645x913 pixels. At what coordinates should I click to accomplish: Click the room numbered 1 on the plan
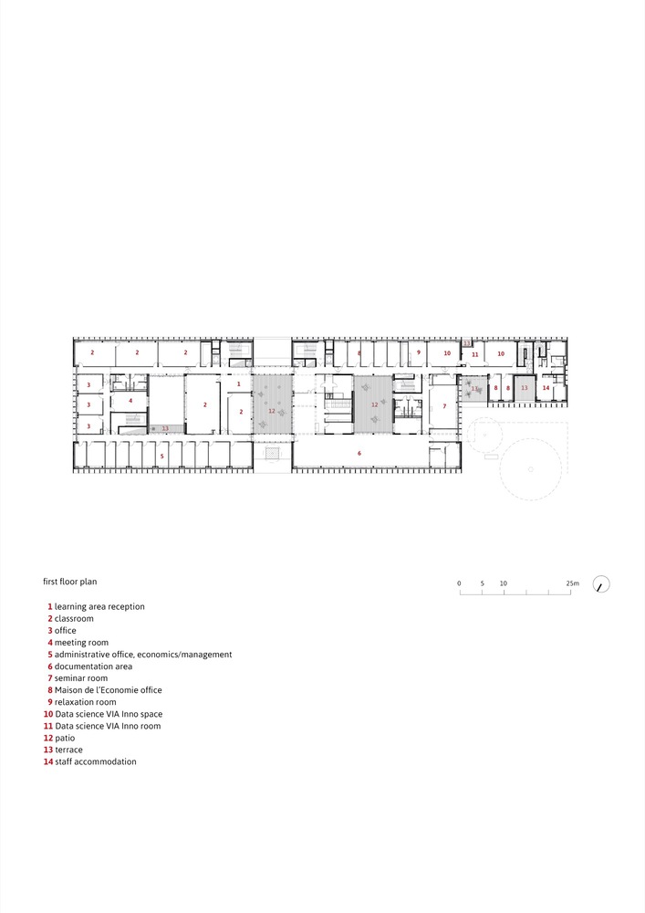click(x=239, y=384)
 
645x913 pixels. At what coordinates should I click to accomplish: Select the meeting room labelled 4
click(x=130, y=400)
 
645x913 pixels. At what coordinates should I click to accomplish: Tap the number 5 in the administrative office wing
click(x=162, y=455)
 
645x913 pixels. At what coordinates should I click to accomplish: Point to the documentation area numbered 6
click(x=359, y=453)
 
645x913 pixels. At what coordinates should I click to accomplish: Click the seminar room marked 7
click(x=444, y=405)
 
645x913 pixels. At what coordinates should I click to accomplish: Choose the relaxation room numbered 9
click(x=419, y=352)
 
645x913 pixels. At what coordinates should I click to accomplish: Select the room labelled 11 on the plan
click(x=475, y=353)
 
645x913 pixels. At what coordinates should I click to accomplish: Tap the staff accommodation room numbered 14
click(x=546, y=388)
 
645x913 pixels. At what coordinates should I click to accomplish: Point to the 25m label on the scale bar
click(x=571, y=582)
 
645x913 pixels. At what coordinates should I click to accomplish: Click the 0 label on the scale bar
click(x=459, y=582)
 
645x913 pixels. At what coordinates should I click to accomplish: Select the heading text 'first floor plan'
click(x=69, y=581)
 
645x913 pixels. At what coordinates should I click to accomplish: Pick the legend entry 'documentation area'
click(x=93, y=666)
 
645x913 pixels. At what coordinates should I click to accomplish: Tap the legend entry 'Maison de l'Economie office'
click(x=108, y=690)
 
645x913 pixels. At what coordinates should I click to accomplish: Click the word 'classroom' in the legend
click(x=74, y=618)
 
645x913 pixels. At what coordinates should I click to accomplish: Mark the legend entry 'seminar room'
click(x=80, y=678)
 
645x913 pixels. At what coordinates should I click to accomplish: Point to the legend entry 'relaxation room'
click(x=85, y=702)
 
